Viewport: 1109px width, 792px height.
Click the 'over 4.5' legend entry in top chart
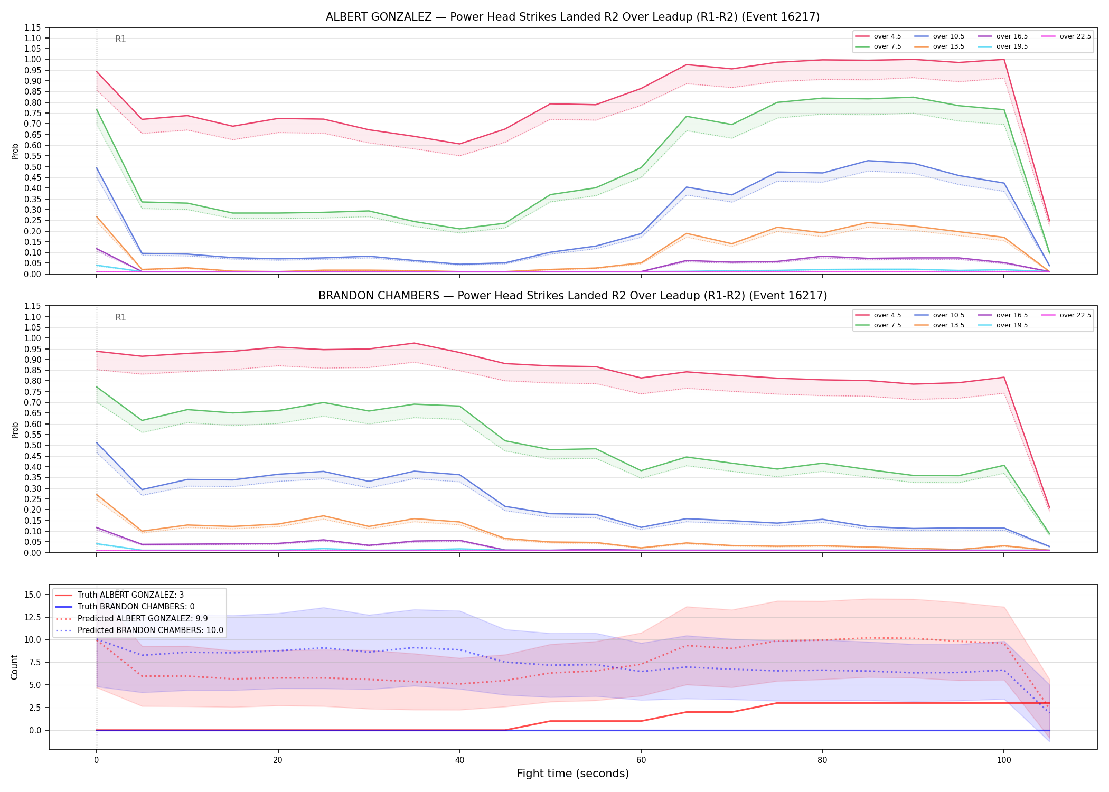click(878, 36)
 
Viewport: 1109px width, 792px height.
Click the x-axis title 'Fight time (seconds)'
click(573, 774)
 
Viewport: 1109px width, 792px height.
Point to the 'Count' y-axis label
click(14, 667)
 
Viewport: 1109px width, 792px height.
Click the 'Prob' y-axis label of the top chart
click(15, 151)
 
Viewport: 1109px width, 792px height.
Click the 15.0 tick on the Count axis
click(33, 595)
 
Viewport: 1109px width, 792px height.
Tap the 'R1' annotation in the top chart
click(120, 39)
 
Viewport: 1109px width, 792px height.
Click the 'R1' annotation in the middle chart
click(120, 317)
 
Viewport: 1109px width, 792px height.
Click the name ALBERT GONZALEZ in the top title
click(379, 17)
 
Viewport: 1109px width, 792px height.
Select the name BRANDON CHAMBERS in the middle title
click(379, 296)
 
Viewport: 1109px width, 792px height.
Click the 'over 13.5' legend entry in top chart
click(939, 46)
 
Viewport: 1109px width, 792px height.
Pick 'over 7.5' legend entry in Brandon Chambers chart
click(878, 325)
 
